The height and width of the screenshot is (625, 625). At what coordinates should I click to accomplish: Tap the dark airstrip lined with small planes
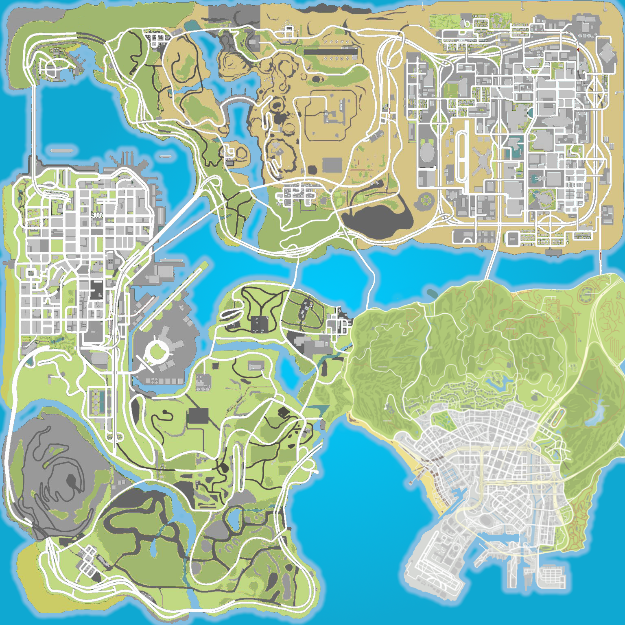point(330,52)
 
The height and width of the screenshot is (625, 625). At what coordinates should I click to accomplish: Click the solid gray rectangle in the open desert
point(332,165)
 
